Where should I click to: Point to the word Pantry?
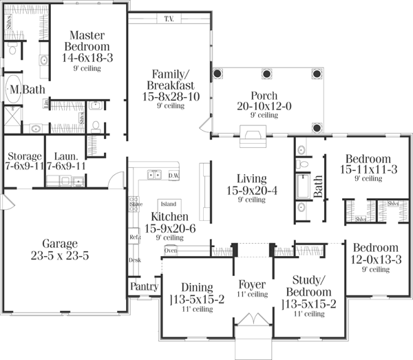tap(144, 286)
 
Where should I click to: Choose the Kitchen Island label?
tap(168, 204)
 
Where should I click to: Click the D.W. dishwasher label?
tap(173, 176)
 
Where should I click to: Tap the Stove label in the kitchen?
tap(136, 204)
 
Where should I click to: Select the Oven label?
tap(171, 251)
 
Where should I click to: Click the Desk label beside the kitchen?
tap(135, 260)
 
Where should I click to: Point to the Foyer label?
tap(253, 284)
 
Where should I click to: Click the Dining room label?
tap(196, 287)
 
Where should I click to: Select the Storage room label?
tap(24, 156)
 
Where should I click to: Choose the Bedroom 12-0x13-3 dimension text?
tap(375, 259)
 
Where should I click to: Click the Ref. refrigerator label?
tap(135, 237)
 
